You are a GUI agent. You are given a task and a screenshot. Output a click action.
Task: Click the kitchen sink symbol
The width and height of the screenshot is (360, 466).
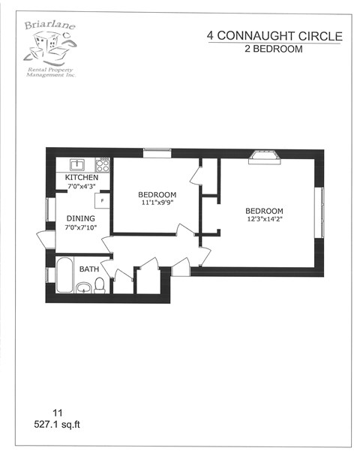pos(76,164)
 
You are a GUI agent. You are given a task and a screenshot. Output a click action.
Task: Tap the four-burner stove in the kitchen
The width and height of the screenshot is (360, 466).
pos(103,164)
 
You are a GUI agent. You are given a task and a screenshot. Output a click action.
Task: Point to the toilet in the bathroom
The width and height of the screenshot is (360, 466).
pos(99,285)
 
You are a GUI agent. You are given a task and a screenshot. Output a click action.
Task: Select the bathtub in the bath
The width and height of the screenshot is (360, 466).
pos(64,275)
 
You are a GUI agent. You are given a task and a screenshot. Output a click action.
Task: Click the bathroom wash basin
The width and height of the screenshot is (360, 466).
pos(83,286)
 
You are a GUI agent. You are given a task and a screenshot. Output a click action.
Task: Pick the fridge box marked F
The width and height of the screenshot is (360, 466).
pos(102,200)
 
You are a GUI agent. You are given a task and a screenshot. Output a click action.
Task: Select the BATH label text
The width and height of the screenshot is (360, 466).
pos(89,269)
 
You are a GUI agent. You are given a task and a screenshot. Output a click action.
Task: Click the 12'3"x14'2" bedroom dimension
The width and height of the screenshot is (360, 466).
pos(264,218)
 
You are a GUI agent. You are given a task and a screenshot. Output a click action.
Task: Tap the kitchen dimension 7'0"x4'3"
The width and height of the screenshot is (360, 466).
pos(80,186)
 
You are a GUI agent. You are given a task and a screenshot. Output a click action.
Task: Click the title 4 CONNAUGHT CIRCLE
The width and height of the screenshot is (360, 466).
pos(274,36)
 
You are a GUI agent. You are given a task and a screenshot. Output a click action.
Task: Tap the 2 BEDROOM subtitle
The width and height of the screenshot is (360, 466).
pos(274,49)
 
